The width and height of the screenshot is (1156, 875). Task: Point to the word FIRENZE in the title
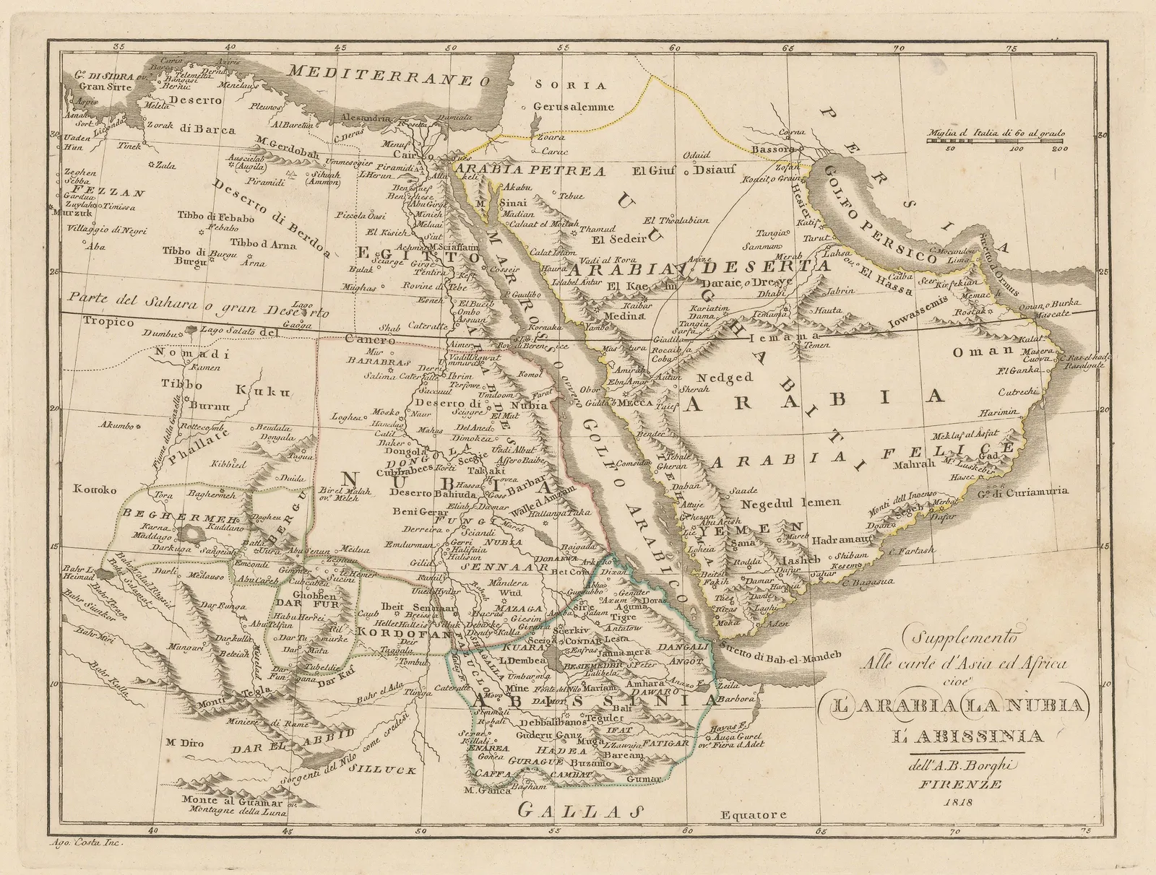point(956,784)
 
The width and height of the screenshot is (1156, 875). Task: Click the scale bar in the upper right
point(996,142)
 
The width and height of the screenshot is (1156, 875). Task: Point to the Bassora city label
point(773,149)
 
